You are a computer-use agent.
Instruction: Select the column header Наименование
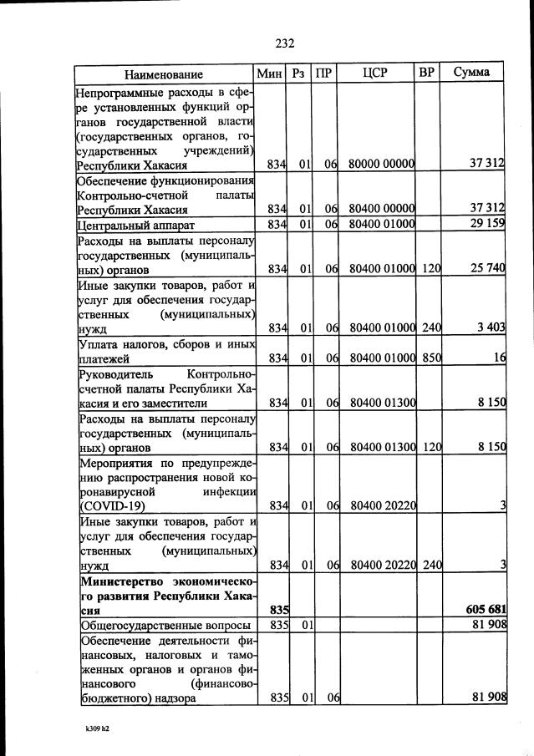point(165,73)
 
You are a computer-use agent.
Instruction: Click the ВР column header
point(426,73)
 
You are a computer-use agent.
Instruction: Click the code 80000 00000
point(383,165)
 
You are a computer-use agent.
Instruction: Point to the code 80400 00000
point(383,209)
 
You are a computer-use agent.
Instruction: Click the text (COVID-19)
point(112,505)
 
